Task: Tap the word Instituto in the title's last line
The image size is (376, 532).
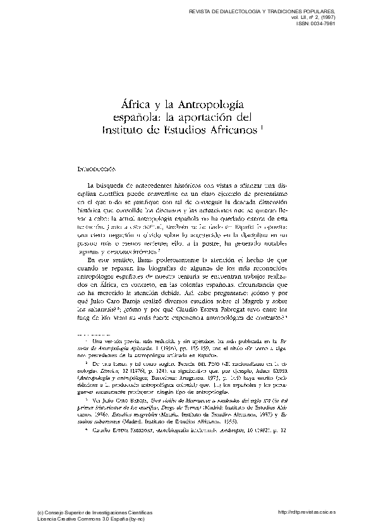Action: click(x=128, y=131)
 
